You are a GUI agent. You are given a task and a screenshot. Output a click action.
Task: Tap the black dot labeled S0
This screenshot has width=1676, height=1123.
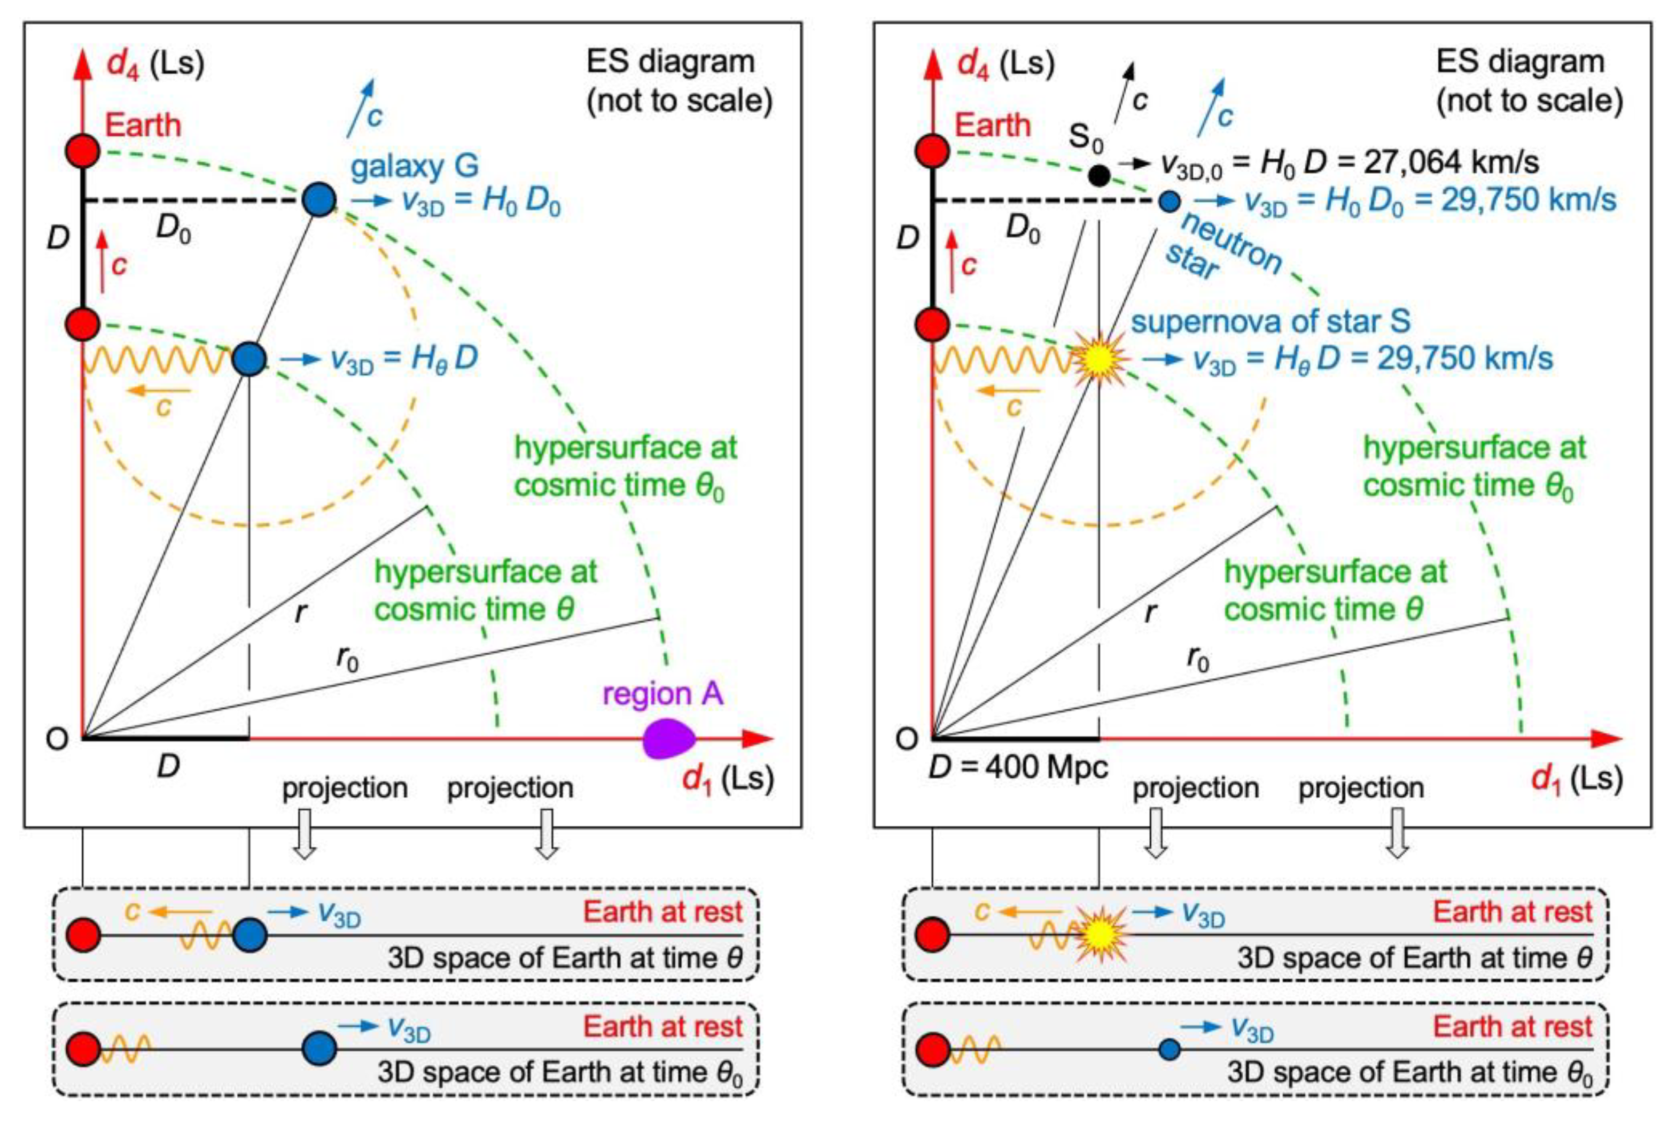point(1098,175)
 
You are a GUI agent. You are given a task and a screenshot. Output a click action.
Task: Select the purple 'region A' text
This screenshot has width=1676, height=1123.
point(663,694)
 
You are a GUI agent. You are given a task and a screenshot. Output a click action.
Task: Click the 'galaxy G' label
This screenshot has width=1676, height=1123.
point(414,166)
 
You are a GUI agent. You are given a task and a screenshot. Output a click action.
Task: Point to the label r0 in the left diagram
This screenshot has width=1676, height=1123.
point(347,657)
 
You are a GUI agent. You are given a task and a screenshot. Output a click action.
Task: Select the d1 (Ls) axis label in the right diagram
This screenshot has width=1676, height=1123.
point(1576,778)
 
